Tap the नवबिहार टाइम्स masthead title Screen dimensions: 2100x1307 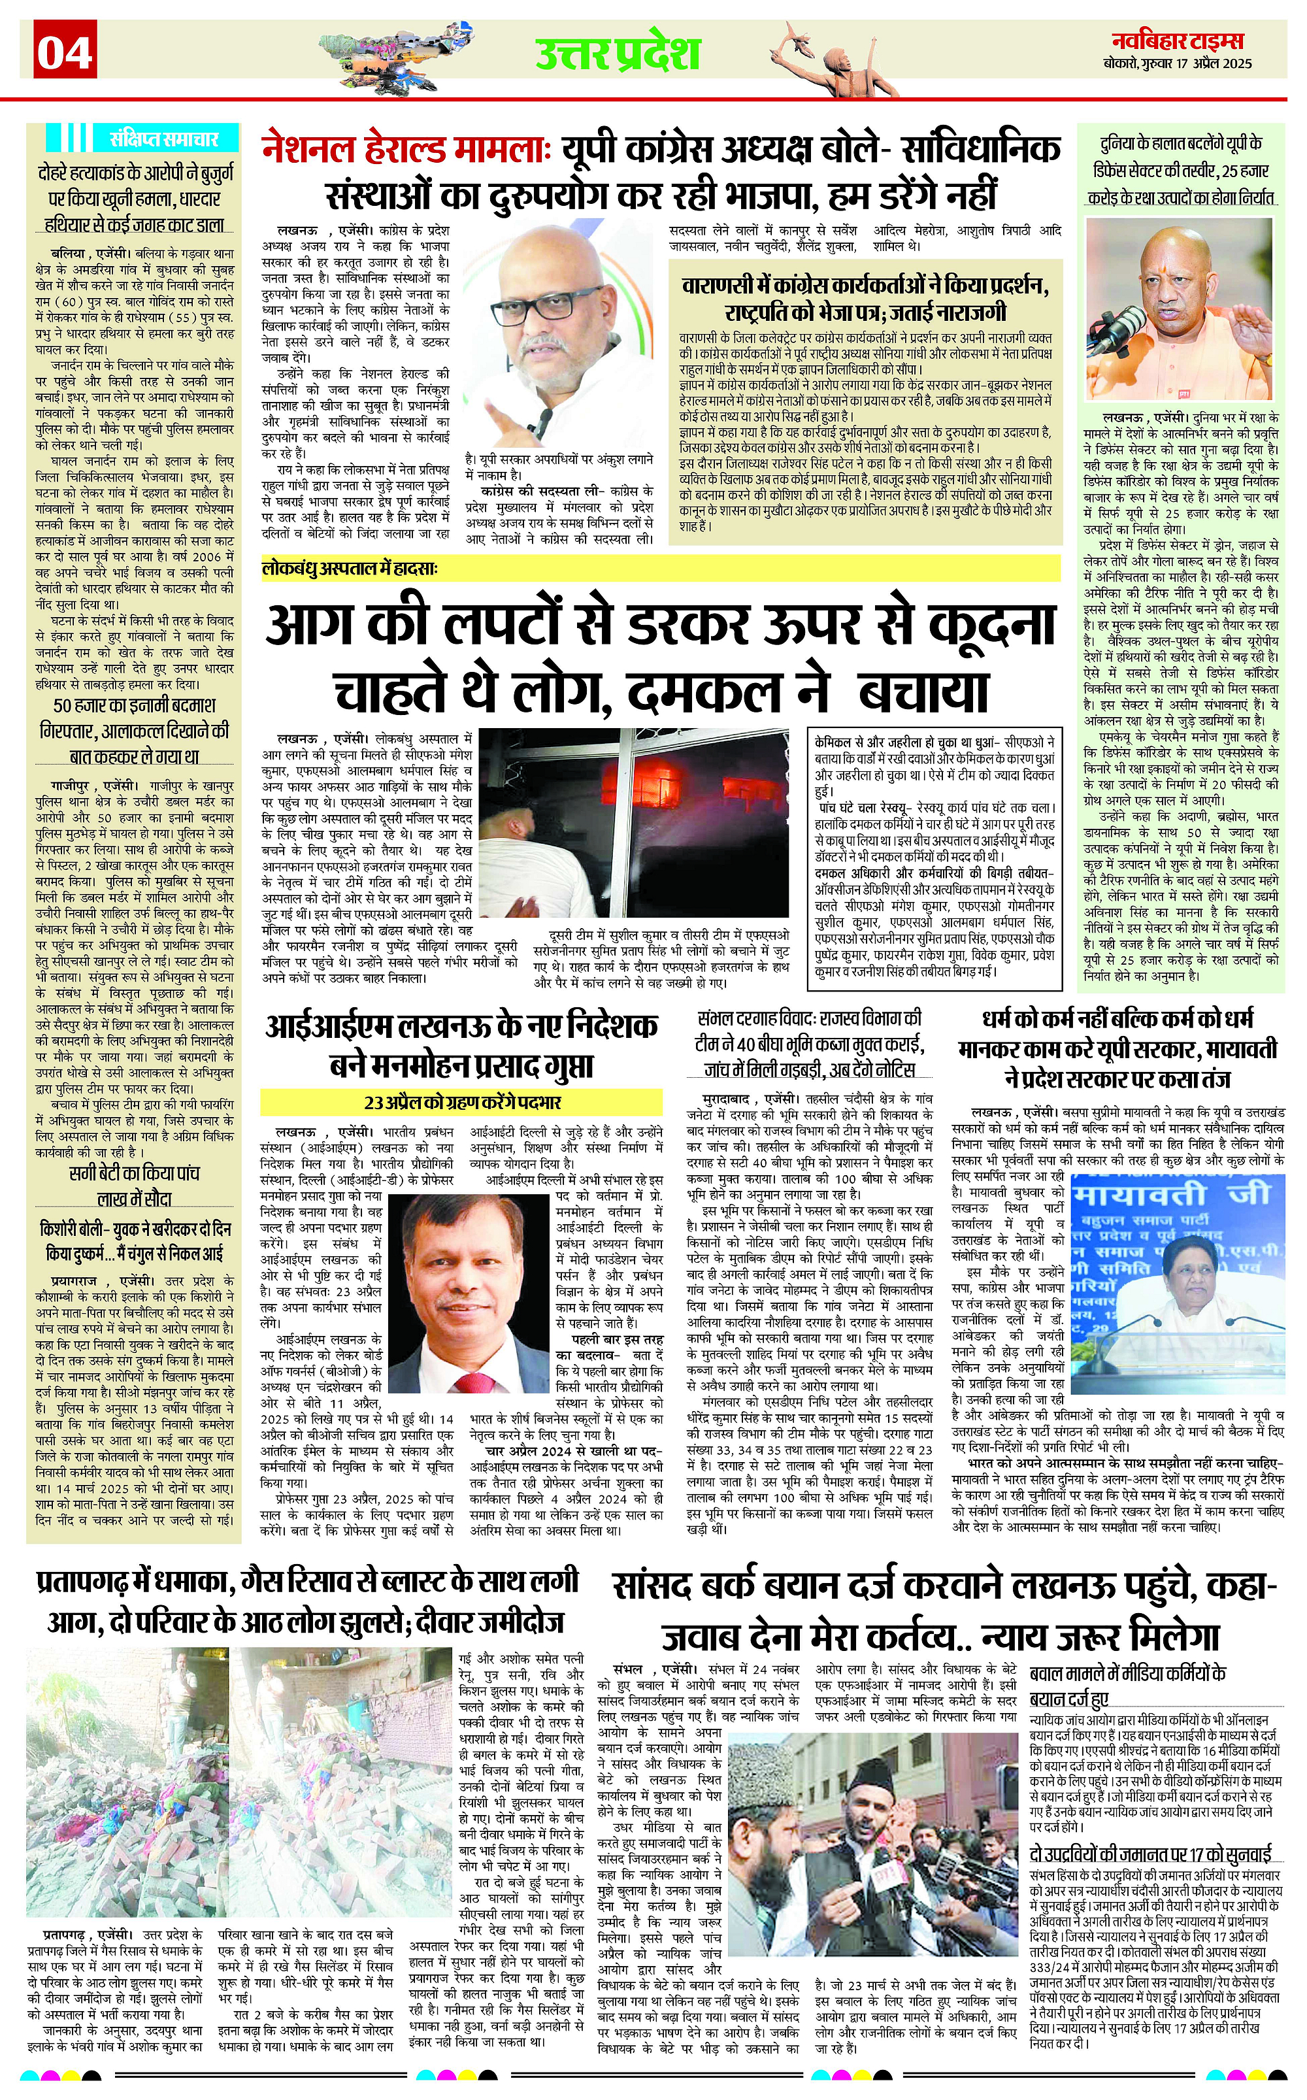(1182, 41)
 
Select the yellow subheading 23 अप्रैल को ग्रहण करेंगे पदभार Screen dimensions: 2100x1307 (463, 1103)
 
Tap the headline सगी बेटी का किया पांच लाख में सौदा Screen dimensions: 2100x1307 (134, 1186)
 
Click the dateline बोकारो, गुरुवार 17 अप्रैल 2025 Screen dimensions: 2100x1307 (1182, 63)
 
